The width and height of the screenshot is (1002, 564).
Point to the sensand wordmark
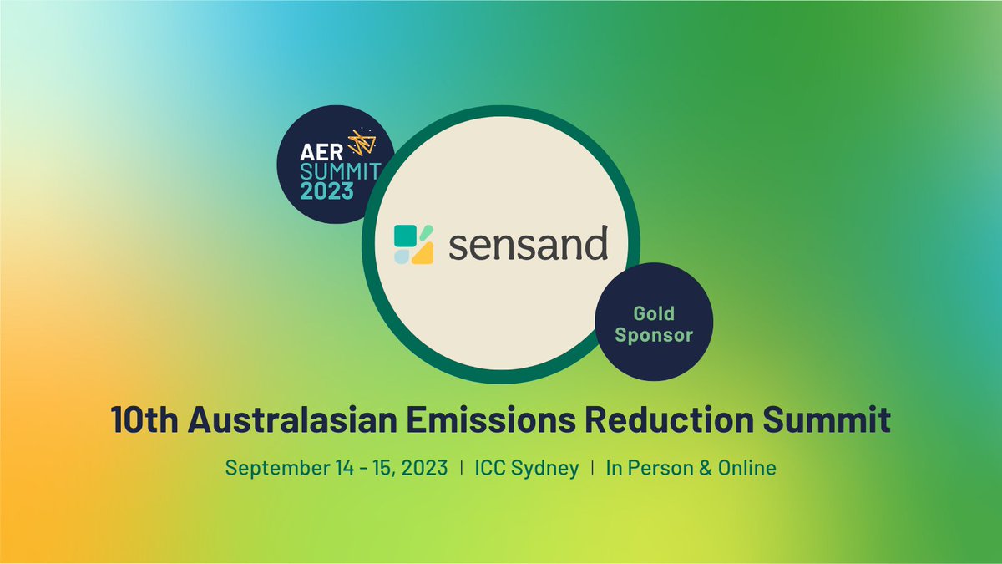pos(528,246)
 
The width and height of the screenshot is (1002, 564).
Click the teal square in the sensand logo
pos(405,236)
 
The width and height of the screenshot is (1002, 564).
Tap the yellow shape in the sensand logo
pos(422,253)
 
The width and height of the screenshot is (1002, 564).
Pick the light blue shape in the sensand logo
pos(402,257)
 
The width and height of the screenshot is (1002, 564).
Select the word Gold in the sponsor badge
pos(654,314)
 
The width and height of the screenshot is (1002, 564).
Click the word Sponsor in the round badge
pos(654,336)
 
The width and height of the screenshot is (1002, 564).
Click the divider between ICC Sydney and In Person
pos(593,468)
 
